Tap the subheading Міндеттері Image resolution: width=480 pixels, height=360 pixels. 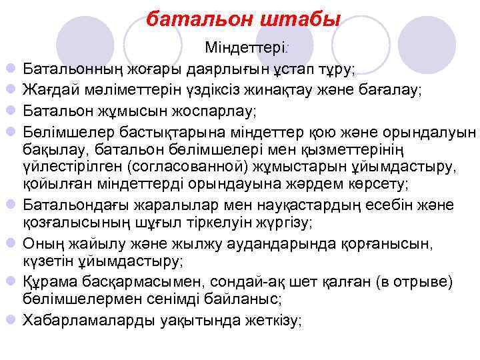click(246, 49)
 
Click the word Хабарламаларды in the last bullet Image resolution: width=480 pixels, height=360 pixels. click(88, 320)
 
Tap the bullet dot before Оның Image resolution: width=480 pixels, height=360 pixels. click(11, 243)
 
